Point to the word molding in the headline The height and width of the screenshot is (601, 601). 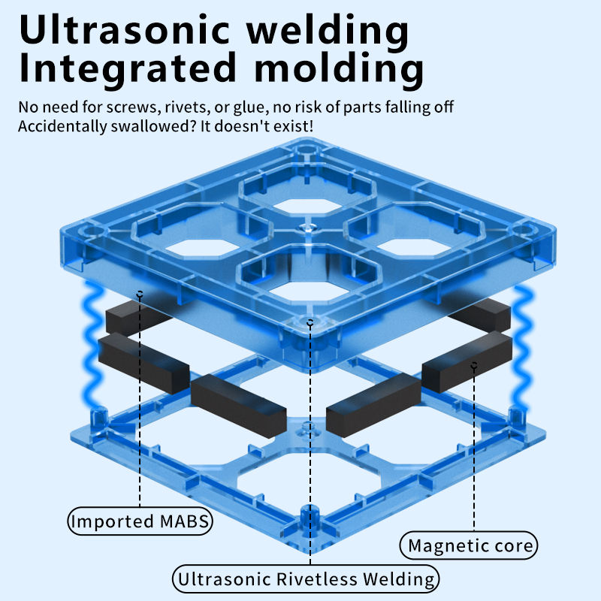pos(338,69)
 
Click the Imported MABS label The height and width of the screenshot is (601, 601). pos(140,521)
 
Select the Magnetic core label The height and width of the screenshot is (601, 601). pos(470,545)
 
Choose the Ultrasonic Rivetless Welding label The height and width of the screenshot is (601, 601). pos(307,578)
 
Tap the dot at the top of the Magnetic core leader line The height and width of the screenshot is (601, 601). pos(474,366)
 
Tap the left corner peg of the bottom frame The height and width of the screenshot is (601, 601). pos(97,418)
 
